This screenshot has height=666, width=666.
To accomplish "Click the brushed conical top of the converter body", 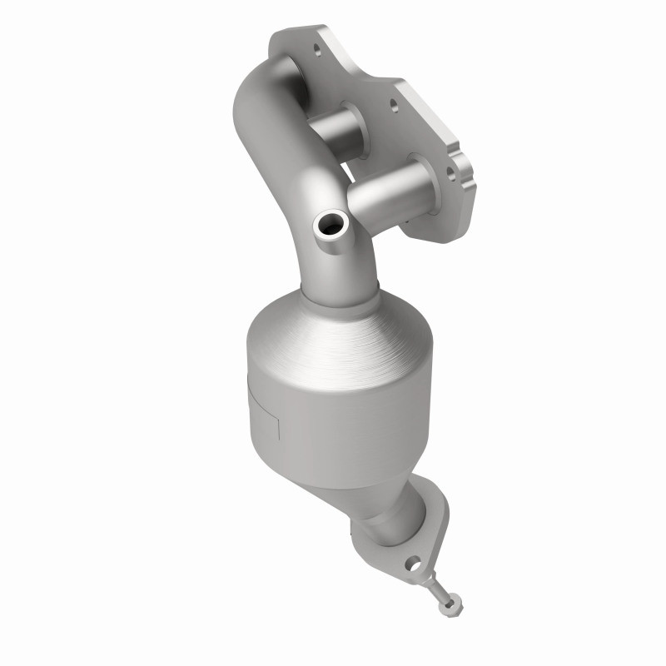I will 333,333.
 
